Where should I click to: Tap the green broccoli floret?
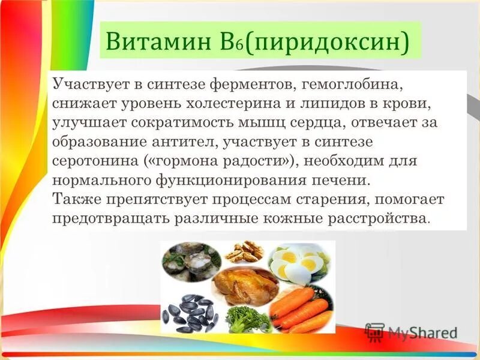point(246,318)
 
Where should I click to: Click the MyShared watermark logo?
point(411,332)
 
